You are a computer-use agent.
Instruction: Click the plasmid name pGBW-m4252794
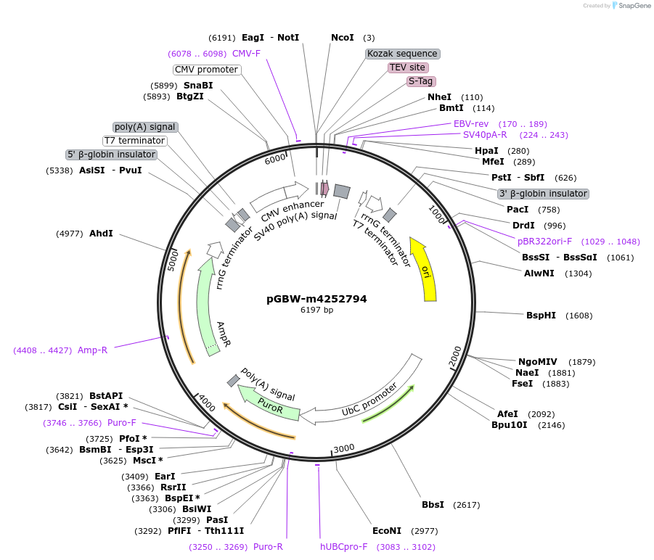pyautogui.click(x=316, y=299)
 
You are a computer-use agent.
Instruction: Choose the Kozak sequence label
pyautogui.click(x=403, y=54)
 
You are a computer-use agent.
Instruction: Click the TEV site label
pyautogui.click(x=407, y=67)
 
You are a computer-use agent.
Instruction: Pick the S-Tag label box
pyautogui.click(x=420, y=81)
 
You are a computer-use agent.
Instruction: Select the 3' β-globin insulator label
pyautogui.click(x=543, y=194)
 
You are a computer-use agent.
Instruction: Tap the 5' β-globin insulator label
pyautogui.click(x=111, y=155)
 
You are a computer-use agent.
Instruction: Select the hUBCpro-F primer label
pyautogui.click(x=344, y=547)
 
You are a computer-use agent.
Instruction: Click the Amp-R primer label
pyautogui.click(x=92, y=350)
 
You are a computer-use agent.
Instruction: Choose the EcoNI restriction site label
pyautogui.click(x=386, y=531)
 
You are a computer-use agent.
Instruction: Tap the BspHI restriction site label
pyautogui.click(x=541, y=316)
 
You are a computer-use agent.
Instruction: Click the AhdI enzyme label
pyautogui.click(x=101, y=234)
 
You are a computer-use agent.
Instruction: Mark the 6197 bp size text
pyautogui.click(x=316, y=310)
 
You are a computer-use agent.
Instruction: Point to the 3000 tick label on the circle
pyautogui.click(x=344, y=448)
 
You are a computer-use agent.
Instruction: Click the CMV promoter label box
pyautogui.click(x=207, y=70)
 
